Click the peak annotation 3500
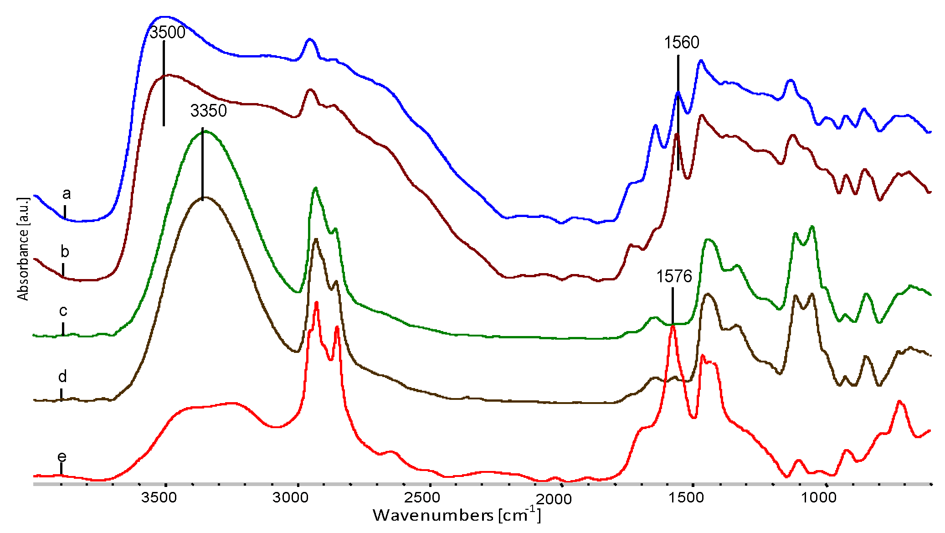(x=167, y=32)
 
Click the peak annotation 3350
(x=208, y=111)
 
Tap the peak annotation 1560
(x=681, y=42)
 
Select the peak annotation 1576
(x=674, y=276)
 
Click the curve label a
(x=67, y=194)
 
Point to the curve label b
(x=65, y=252)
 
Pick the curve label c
(x=63, y=311)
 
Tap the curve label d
(x=62, y=377)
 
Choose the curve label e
(x=62, y=456)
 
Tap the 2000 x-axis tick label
(x=553, y=499)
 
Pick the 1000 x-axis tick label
(x=819, y=497)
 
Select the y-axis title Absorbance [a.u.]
(x=23, y=249)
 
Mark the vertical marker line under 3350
(x=202, y=164)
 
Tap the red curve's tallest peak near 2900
(x=316, y=303)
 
